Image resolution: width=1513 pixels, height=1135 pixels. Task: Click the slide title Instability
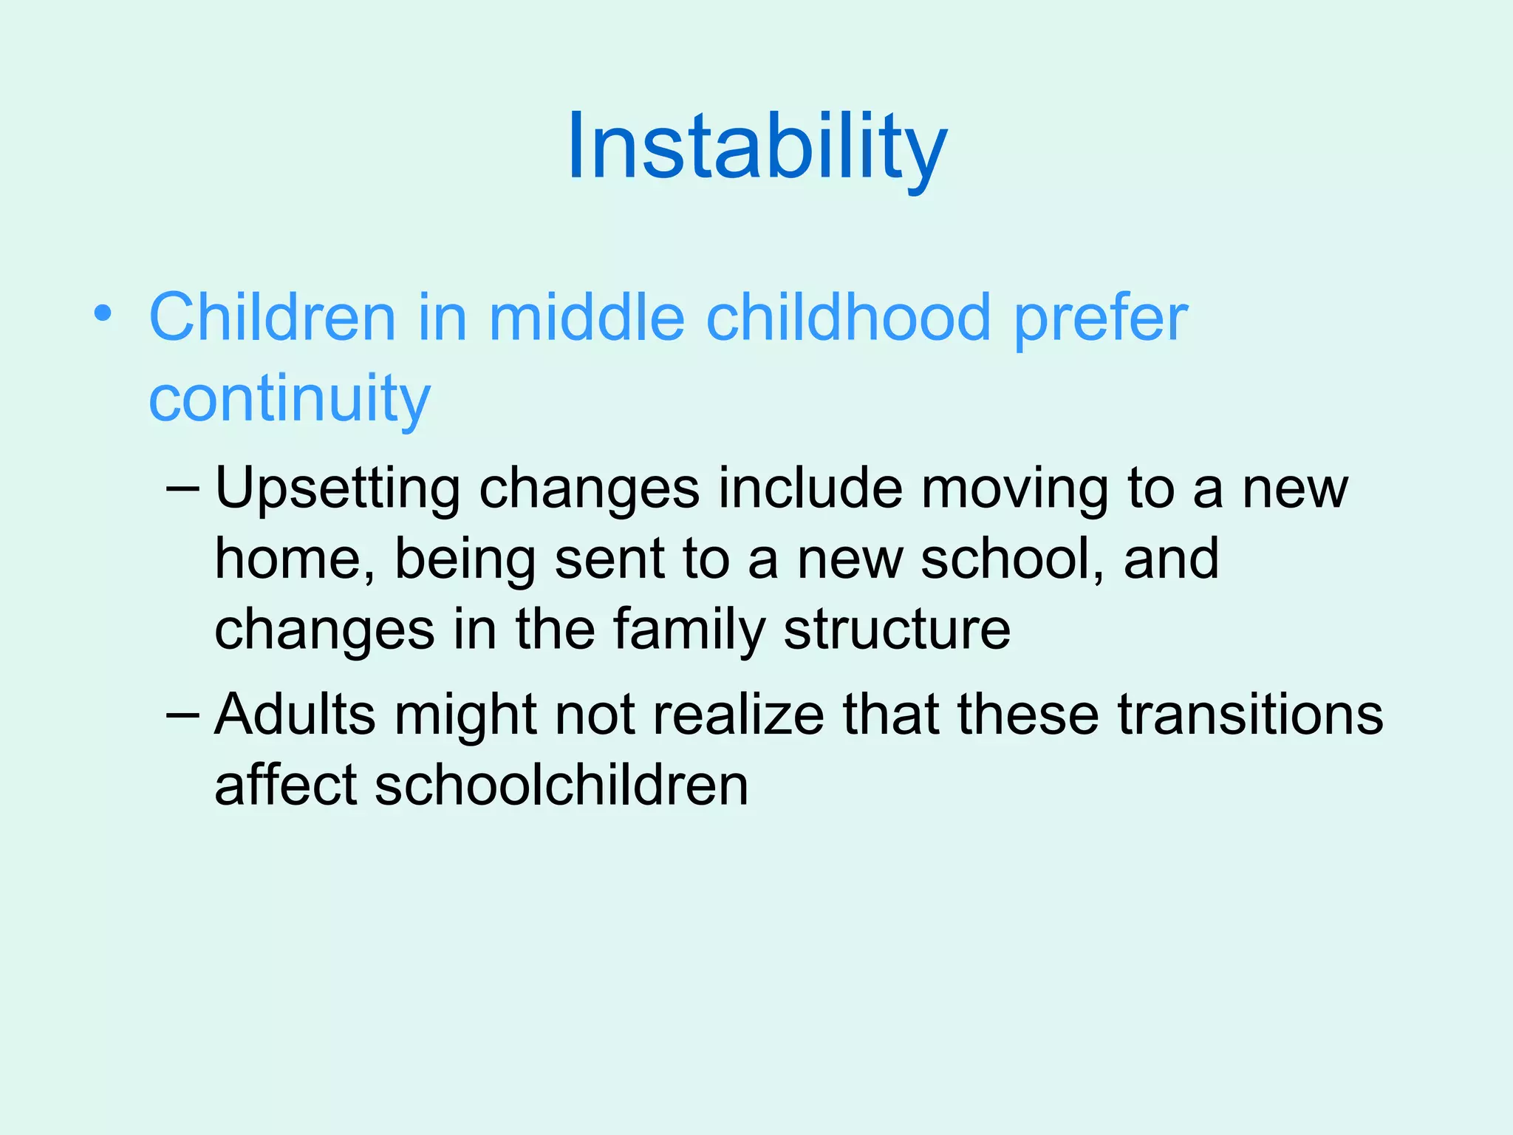click(756, 146)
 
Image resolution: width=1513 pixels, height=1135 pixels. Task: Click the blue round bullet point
click(103, 314)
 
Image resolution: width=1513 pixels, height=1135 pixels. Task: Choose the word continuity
click(289, 399)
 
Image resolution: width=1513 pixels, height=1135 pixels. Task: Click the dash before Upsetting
click(182, 488)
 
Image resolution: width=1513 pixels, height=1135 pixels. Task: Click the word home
click(294, 559)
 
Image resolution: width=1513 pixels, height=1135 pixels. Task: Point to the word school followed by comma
click(1012, 559)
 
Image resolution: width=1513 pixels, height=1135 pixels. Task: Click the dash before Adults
click(182, 715)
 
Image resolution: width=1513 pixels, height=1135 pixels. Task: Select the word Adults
click(295, 715)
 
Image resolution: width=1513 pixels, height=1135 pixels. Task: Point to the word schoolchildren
click(561, 785)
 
